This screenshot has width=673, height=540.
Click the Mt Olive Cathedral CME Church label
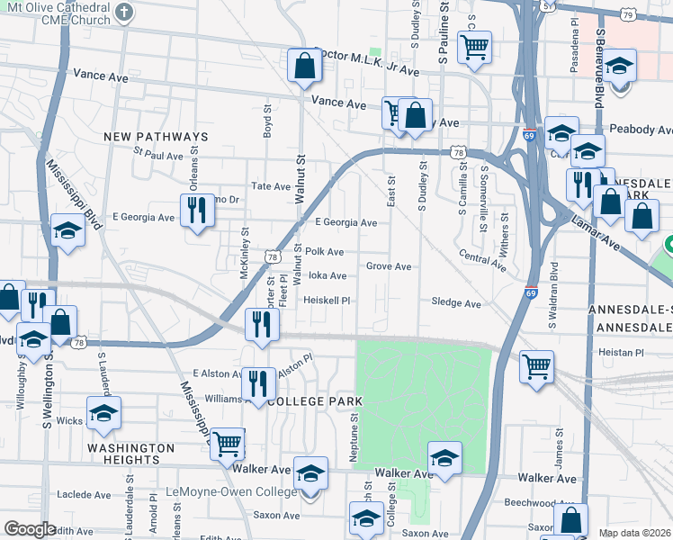coord(56,13)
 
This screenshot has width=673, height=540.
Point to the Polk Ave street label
coord(324,252)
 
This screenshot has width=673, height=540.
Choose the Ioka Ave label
coord(328,276)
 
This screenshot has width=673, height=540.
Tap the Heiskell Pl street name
coord(326,300)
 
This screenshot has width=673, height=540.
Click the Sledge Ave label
coord(456,304)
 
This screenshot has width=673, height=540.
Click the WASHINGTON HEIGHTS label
coord(130,454)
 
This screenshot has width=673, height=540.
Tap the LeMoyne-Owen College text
coord(231,492)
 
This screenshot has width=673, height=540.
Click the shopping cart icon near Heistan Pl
coord(536,366)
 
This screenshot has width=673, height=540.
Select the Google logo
coord(30,529)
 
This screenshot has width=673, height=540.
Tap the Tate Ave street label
coord(271,186)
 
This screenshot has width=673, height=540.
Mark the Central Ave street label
coord(481,260)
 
